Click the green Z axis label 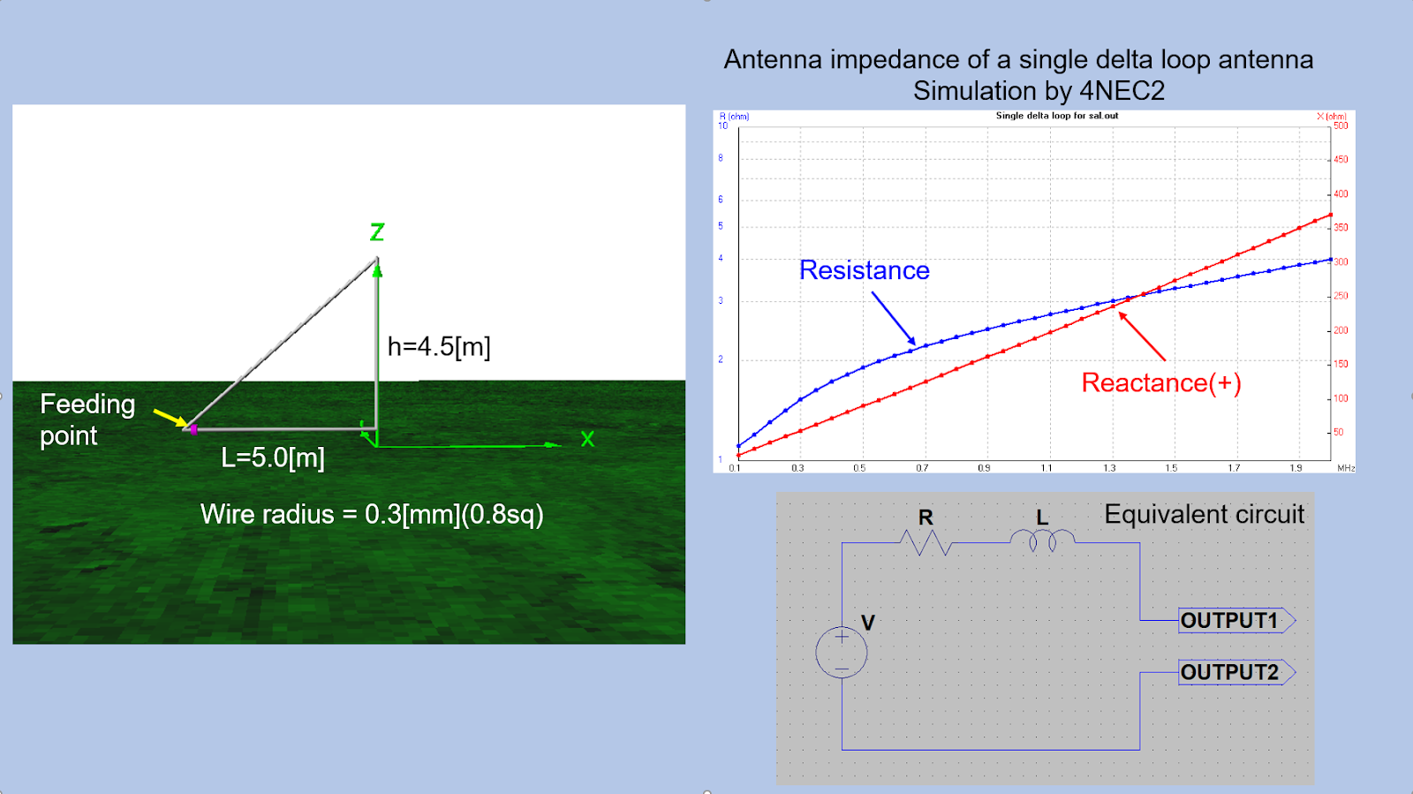pyautogui.click(x=377, y=232)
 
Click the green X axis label pyautogui.click(x=587, y=439)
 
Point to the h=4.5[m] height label pyautogui.click(x=439, y=346)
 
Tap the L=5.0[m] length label pyautogui.click(x=273, y=457)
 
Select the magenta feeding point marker pyautogui.click(x=193, y=429)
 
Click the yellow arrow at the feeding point pyautogui.click(x=170, y=417)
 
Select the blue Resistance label pyautogui.click(x=864, y=270)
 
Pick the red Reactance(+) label pyautogui.click(x=1161, y=382)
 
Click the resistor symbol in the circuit pyautogui.click(x=925, y=542)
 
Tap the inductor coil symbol pyautogui.click(x=1042, y=540)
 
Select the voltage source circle pyautogui.click(x=842, y=653)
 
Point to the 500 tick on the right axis pyautogui.click(x=1341, y=125)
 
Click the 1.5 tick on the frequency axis pyautogui.click(x=1171, y=468)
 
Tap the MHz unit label pyautogui.click(x=1346, y=468)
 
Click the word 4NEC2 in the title pyautogui.click(x=1122, y=91)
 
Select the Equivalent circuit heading pyautogui.click(x=1204, y=514)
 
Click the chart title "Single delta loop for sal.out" pyautogui.click(x=1057, y=116)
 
